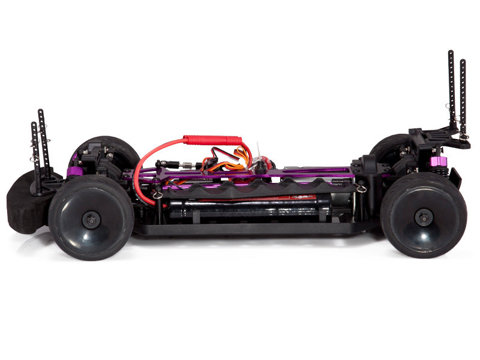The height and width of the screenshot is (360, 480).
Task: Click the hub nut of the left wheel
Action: click(91, 220)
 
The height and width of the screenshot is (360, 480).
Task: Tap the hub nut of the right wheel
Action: click(424, 217)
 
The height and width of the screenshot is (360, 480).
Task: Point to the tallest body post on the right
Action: click(451, 90)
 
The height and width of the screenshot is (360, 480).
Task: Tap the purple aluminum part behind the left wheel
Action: click(74, 172)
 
